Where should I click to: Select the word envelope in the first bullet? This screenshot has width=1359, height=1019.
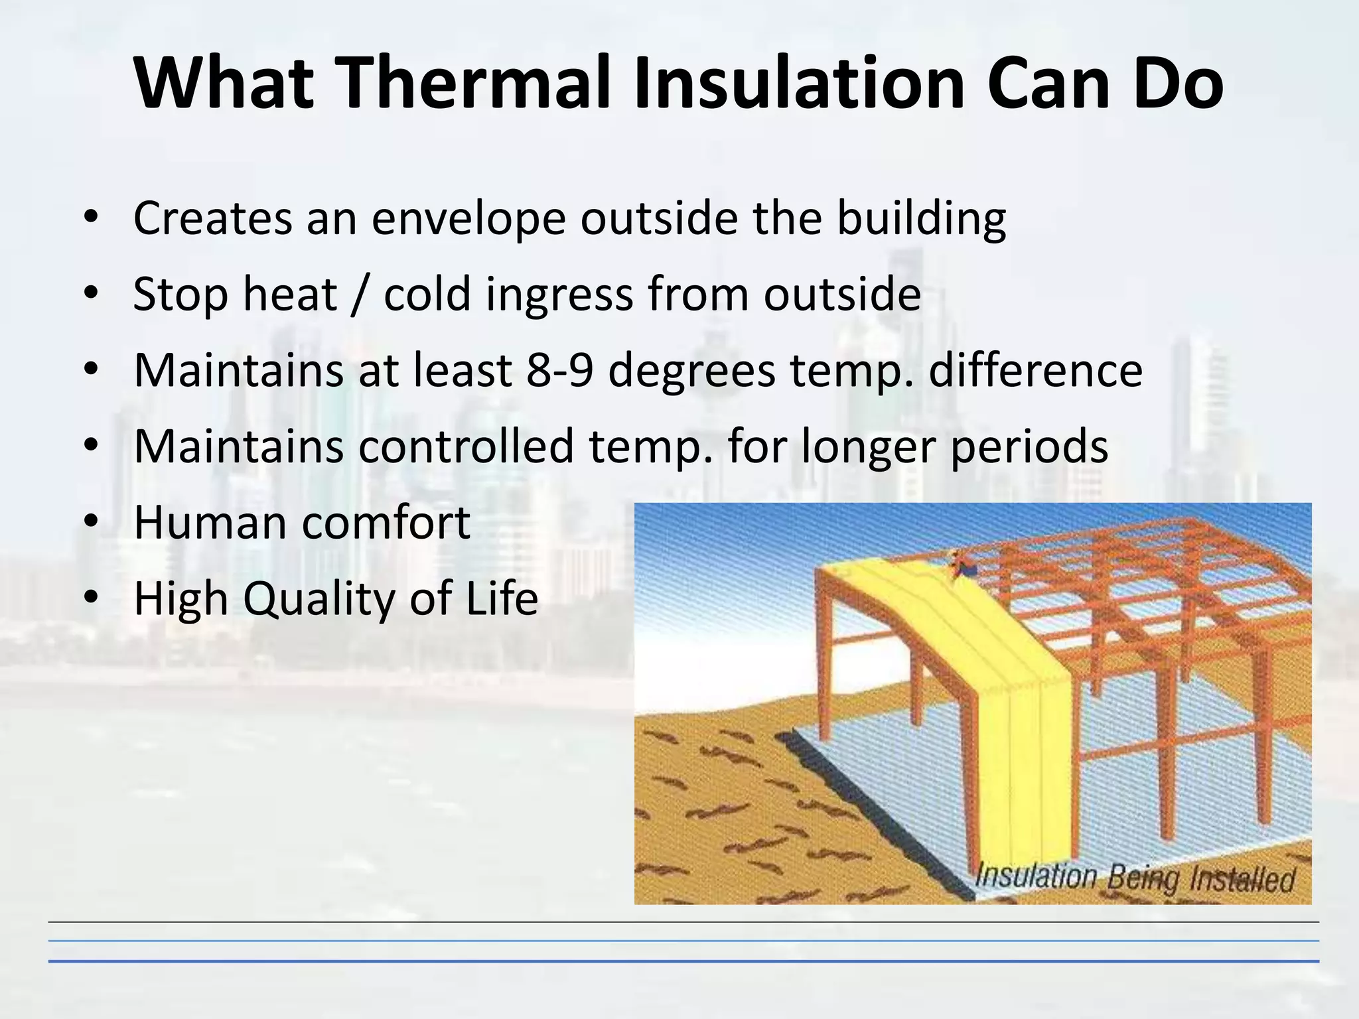tap(468, 219)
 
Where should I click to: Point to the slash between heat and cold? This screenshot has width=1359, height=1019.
tap(360, 295)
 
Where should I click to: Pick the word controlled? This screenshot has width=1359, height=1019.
tap(466, 446)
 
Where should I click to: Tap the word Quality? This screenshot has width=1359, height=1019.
tap(319, 599)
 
